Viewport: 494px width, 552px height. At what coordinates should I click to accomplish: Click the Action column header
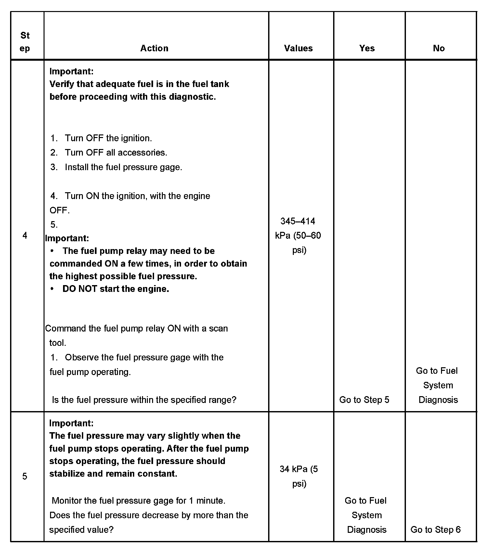[154, 48]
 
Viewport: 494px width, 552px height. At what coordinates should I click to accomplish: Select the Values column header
[298, 48]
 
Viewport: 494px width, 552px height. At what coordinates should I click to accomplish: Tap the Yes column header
[367, 48]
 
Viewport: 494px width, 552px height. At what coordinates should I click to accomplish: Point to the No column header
[439, 48]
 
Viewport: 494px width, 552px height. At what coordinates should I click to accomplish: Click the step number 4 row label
[25, 235]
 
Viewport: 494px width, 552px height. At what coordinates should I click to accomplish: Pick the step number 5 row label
[25, 476]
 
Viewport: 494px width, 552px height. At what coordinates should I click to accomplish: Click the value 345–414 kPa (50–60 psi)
[298, 235]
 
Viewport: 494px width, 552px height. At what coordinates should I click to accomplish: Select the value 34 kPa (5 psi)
[299, 476]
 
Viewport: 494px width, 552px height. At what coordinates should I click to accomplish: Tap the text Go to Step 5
[364, 400]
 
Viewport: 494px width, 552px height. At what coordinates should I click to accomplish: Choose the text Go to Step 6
[435, 530]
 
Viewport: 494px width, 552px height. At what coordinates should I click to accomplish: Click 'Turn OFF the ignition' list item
[108, 138]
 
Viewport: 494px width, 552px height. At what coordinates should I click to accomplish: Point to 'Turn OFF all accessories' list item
[116, 153]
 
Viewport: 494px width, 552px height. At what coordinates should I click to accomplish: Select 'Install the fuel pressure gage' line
[123, 167]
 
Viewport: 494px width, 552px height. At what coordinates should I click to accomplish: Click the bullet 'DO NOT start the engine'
[115, 289]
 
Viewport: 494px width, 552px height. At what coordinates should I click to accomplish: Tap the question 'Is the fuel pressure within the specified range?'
[144, 400]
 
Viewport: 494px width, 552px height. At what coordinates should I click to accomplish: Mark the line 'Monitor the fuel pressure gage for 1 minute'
[138, 501]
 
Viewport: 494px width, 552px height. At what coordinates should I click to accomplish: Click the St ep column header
[25, 42]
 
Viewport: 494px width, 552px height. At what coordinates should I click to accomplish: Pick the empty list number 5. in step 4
[54, 225]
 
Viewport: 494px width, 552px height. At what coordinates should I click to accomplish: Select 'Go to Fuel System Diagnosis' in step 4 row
[438, 385]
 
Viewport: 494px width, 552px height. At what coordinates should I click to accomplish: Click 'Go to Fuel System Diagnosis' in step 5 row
[366, 515]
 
